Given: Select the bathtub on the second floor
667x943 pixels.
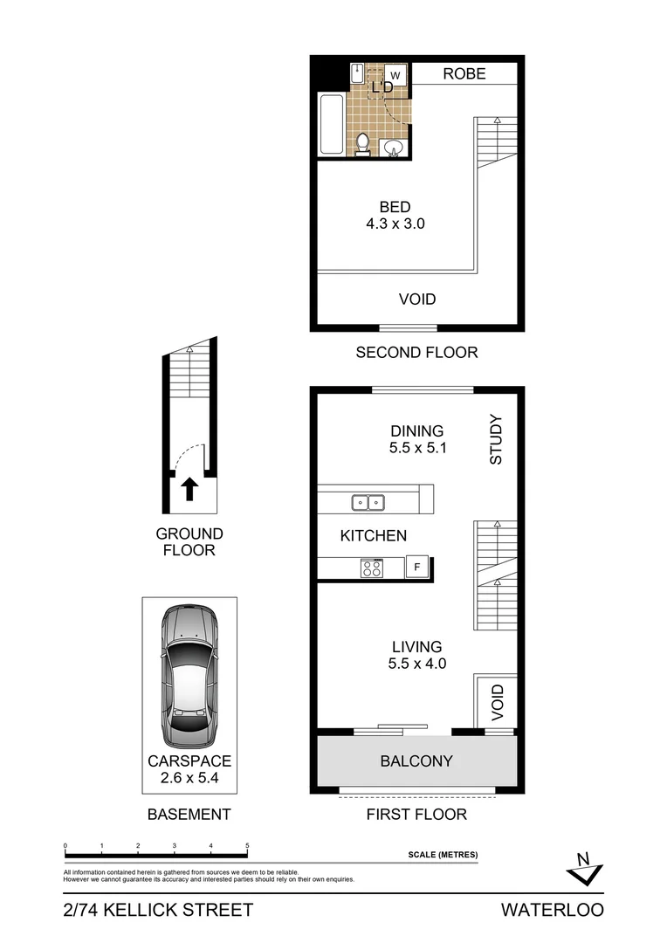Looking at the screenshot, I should click(332, 124).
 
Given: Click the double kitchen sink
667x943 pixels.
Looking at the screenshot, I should click(368, 502).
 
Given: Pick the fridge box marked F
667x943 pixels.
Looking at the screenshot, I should click(417, 568).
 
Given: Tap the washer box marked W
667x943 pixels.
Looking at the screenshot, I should click(395, 76).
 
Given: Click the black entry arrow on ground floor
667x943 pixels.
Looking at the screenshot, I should click(189, 489).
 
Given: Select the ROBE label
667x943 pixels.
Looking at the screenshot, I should click(464, 74).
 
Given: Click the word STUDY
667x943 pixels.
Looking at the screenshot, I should click(496, 439).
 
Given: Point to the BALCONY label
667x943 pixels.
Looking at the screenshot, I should click(416, 761).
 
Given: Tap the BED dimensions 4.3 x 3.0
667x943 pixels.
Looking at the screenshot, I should click(395, 224).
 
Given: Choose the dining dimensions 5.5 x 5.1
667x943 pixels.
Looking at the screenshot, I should click(416, 448).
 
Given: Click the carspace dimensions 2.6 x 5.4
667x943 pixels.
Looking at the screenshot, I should click(189, 778).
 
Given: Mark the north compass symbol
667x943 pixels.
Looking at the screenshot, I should click(581, 867).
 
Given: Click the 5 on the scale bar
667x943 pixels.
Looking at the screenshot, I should click(248, 846).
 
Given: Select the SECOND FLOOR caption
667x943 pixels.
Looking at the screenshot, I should click(416, 353).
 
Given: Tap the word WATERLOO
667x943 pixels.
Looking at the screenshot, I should click(552, 910).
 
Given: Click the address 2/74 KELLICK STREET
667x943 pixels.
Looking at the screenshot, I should click(158, 910).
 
